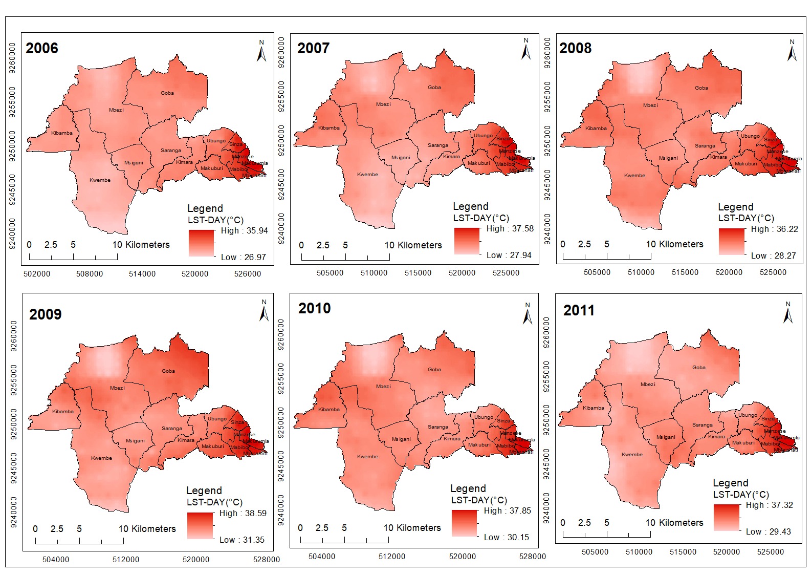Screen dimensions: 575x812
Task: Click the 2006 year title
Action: tap(42, 48)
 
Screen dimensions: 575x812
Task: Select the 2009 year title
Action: tap(45, 314)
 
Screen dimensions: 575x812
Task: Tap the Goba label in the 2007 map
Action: tap(434, 88)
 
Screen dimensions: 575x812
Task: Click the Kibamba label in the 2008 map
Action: tap(596, 129)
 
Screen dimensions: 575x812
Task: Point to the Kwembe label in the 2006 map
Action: tap(100, 180)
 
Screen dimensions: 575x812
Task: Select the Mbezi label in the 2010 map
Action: tap(383, 387)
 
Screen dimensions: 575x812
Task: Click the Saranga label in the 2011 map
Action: tap(702, 425)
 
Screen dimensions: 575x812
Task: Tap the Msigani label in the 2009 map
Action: tap(136, 441)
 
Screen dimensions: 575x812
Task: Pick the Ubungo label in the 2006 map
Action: tap(216, 141)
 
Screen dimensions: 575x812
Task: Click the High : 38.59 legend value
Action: tap(243, 513)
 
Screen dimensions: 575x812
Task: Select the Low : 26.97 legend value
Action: tap(244, 257)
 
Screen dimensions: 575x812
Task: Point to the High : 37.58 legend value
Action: tap(510, 228)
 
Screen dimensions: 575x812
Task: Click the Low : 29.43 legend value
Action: tap(768, 531)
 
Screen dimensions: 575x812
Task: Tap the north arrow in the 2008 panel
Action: tap(792, 51)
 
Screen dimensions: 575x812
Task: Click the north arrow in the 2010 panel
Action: tap(528, 313)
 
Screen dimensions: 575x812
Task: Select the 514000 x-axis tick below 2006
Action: tap(142, 274)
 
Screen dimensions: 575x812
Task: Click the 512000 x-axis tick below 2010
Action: tap(392, 557)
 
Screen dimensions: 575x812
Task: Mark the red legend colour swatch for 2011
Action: tap(727, 517)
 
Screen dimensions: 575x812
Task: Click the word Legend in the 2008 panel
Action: tap(735, 207)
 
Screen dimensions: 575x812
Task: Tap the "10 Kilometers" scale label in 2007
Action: tap(413, 245)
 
